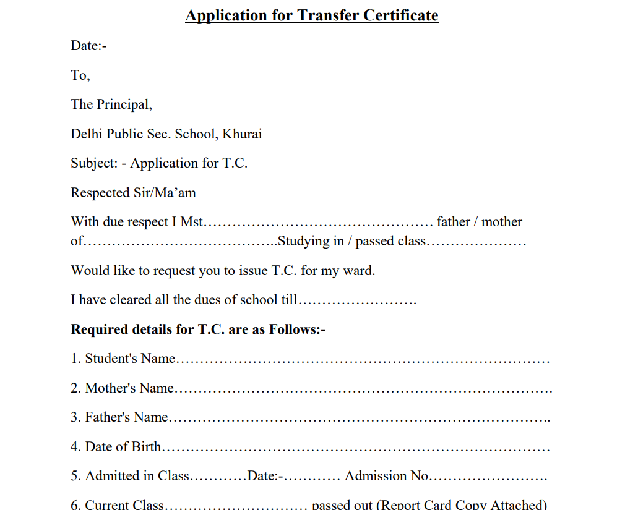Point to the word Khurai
click(242, 134)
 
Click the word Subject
click(93, 163)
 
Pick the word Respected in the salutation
click(100, 193)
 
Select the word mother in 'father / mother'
click(502, 222)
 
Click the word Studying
click(303, 241)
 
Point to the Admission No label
click(387, 476)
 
